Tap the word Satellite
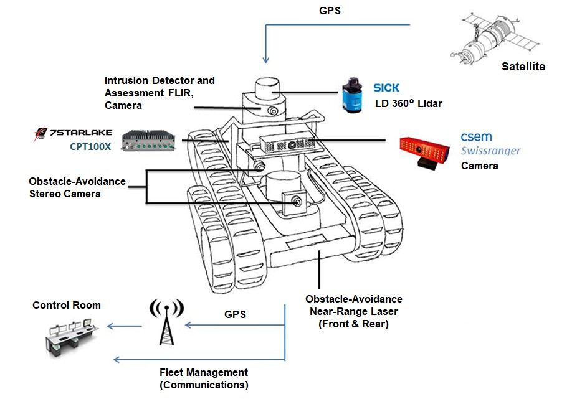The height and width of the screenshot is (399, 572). [x=523, y=67]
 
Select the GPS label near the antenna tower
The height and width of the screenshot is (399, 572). [x=235, y=314]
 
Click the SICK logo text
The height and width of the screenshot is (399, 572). [x=386, y=88]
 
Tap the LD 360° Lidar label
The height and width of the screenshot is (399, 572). [x=408, y=103]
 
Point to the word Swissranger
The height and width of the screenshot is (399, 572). [x=490, y=151]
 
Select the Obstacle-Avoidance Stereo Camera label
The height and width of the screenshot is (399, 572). [x=77, y=187]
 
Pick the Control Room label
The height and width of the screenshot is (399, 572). [x=67, y=305]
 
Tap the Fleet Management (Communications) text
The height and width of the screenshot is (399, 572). [x=204, y=378]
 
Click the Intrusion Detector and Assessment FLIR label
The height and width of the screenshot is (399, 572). [x=160, y=93]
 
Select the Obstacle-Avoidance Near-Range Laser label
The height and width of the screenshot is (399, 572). [x=354, y=311]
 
